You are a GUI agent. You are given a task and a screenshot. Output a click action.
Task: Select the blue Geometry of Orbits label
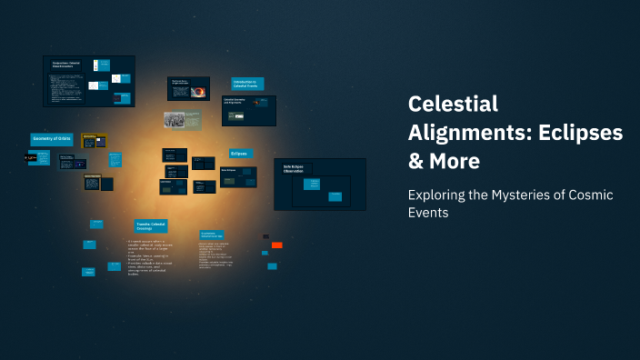[51, 138]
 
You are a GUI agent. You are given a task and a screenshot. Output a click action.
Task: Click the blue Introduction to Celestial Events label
[247, 84]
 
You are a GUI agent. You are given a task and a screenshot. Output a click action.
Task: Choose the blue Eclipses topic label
[239, 154]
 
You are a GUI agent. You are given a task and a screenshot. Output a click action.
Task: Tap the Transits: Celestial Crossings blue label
[152, 226]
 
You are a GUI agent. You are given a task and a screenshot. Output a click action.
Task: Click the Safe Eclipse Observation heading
[293, 169]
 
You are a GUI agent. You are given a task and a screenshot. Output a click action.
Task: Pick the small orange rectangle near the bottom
[277, 245]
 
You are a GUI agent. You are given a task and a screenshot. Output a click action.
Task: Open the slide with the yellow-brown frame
[94, 141]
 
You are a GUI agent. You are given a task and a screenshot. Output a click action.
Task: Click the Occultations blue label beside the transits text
[213, 234]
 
